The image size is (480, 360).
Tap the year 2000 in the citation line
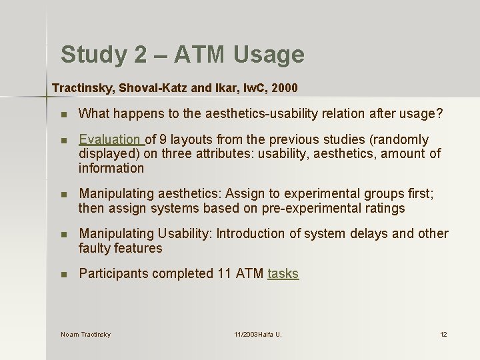[284, 87]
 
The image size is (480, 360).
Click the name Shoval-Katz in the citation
[145, 87]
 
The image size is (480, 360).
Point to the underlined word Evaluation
[109, 139]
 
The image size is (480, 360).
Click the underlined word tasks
[283, 273]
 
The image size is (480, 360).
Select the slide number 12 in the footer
[443, 334]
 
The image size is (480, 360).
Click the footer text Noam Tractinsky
[85, 334]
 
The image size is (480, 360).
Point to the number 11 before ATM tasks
[225, 273]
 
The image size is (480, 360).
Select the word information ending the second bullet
[111, 168]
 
